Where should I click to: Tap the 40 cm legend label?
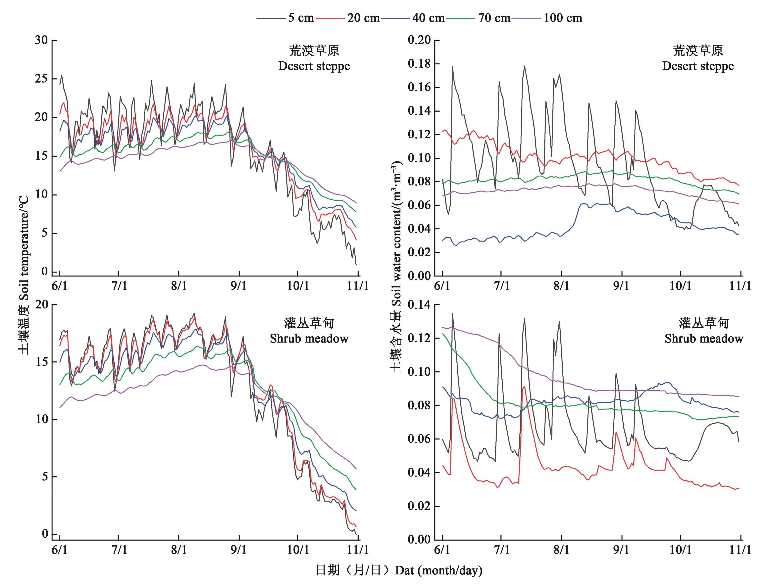(428, 18)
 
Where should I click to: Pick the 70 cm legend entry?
(494, 18)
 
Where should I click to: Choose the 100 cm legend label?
(563, 18)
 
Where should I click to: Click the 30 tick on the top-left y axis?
(41, 40)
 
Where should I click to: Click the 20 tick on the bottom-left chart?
(41, 305)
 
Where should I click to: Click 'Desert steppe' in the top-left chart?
(314, 66)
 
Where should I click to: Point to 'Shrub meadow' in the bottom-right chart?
(704, 339)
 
